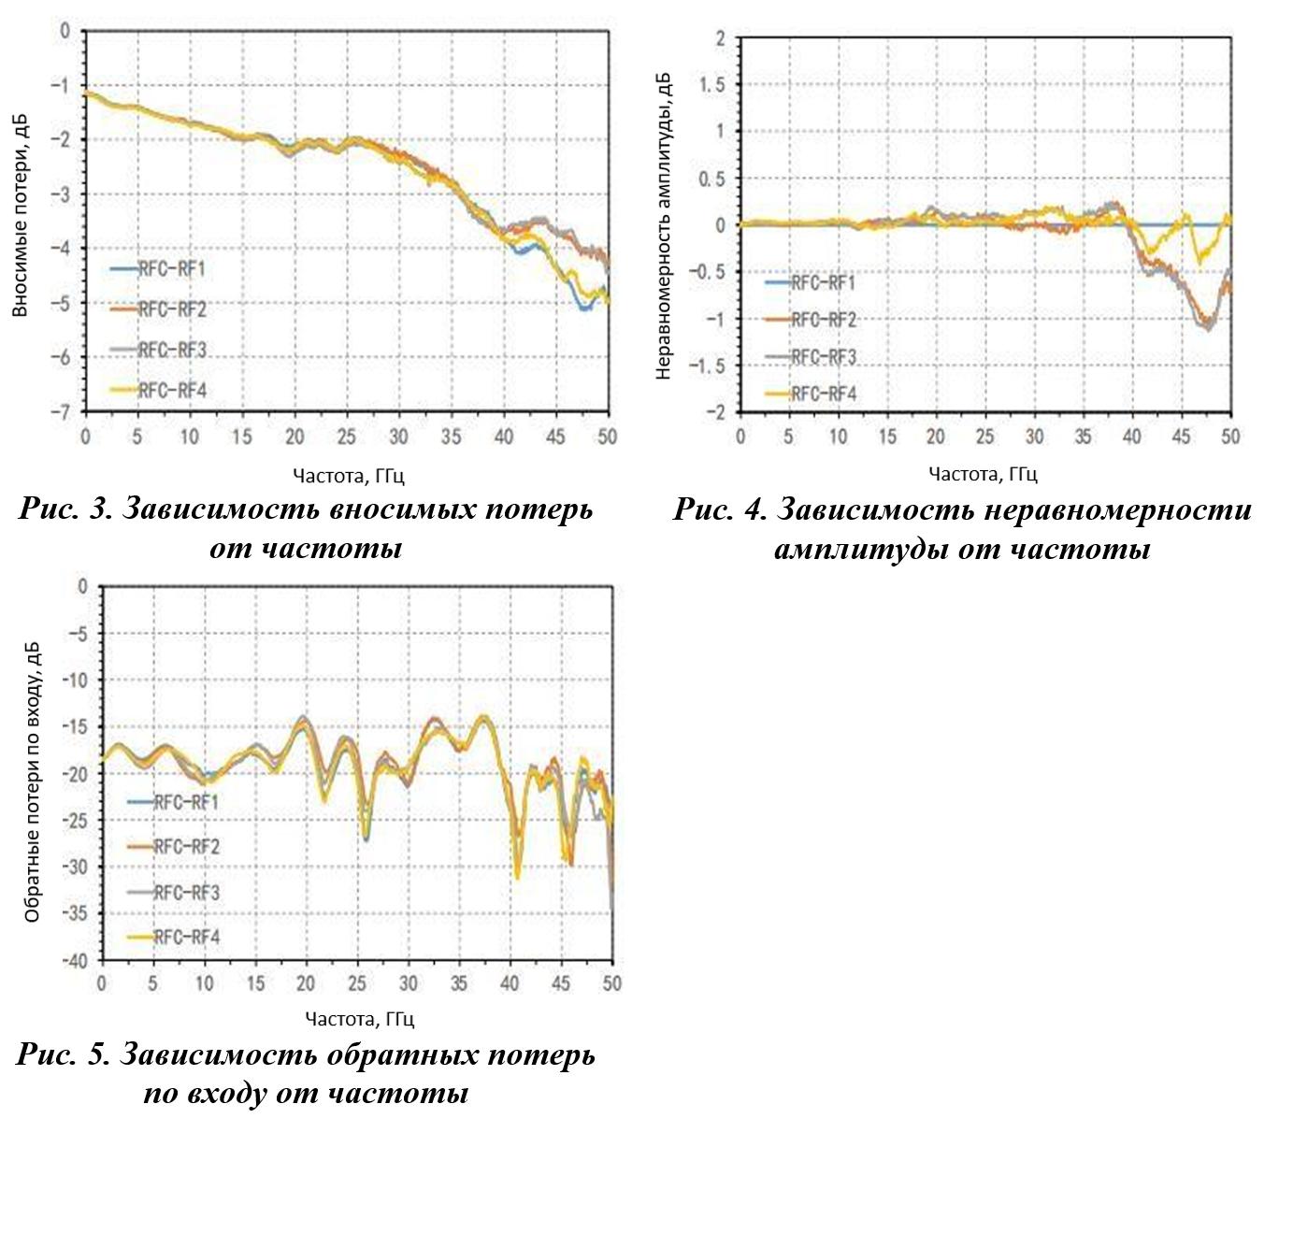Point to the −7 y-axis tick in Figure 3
pos(62,411)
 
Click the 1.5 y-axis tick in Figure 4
pos(712,85)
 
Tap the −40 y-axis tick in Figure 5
pos(74,960)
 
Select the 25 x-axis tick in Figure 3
pos(347,437)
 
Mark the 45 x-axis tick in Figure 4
pos(1182,437)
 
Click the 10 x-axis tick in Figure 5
pos(204,983)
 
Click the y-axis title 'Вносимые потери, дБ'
pos(21,216)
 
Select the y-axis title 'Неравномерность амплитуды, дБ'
pos(664,225)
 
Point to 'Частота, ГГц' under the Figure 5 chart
pos(359,1019)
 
